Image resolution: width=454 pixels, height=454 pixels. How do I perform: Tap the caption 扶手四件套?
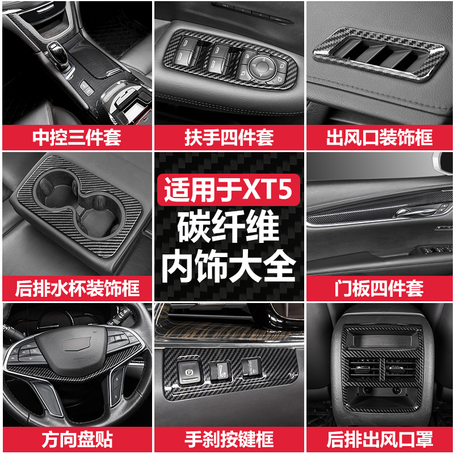pos(229,138)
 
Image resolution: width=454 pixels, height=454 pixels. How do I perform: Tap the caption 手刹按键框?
pos(229,438)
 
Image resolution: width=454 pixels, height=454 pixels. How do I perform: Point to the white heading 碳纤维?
pos(229,228)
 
